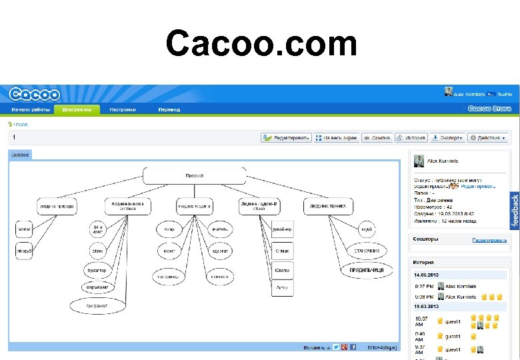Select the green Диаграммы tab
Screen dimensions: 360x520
[x=77, y=109]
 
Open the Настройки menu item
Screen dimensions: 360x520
[x=123, y=109]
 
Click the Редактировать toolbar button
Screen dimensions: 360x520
[x=286, y=138]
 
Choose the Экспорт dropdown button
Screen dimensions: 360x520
[x=447, y=138]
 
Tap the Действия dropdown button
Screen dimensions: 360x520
[x=487, y=138]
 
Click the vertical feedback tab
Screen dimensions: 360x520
[x=514, y=211]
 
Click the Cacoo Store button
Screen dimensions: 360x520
[x=489, y=109]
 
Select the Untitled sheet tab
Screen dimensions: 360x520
[x=20, y=155]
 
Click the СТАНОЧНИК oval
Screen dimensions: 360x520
[x=366, y=251]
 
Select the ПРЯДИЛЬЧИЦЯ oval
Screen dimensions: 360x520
[x=367, y=271]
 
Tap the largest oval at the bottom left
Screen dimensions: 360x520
[x=97, y=305]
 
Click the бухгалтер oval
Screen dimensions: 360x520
[x=97, y=271]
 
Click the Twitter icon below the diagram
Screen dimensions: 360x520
[x=336, y=347]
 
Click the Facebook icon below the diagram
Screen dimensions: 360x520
[x=353, y=347]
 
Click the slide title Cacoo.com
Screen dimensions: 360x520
[x=261, y=45]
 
